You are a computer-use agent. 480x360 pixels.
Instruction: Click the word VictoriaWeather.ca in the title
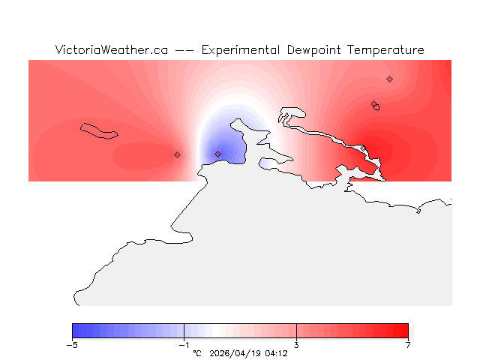pyautogui.click(x=111, y=50)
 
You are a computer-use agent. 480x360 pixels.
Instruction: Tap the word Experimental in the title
pyautogui.click(x=241, y=50)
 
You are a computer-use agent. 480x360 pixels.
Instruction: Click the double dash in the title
pyautogui.click(x=184, y=50)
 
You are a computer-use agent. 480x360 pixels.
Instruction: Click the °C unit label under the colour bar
pyautogui.click(x=197, y=352)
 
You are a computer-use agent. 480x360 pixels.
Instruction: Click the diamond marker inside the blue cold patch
pyautogui.click(x=217, y=154)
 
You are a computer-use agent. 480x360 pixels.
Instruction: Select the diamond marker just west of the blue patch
pyautogui.click(x=177, y=154)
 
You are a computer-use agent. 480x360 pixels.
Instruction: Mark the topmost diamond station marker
pyautogui.click(x=389, y=79)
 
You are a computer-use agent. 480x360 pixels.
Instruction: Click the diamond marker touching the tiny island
pyautogui.click(x=373, y=104)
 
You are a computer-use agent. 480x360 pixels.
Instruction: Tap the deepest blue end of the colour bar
pyautogui.click(x=75, y=331)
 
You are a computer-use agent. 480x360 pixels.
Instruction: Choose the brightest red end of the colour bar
pyautogui.click(x=405, y=331)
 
